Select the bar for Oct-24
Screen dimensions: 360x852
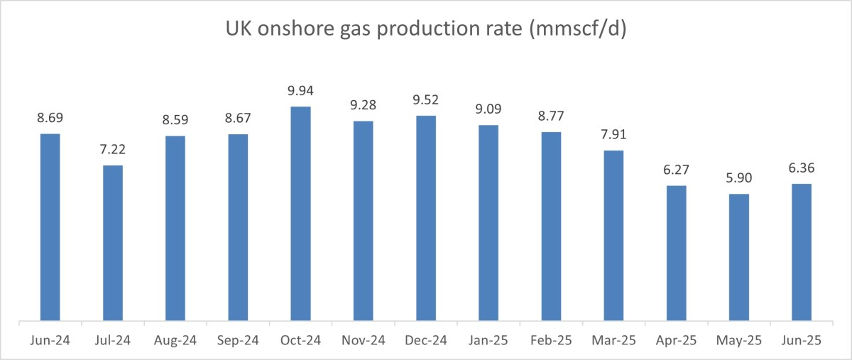[x=300, y=213]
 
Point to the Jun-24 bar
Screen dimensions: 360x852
[x=50, y=227]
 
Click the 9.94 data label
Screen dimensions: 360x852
[x=300, y=91]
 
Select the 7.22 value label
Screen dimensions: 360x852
[x=113, y=150]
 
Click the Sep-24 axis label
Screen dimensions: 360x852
[x=238, y=342]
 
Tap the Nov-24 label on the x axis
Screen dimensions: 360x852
[x=363, y=342]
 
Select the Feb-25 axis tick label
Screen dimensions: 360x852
[x=551, y=342]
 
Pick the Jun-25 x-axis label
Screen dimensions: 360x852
[x=802, y=342]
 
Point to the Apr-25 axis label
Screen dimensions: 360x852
[x=676, y=342]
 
